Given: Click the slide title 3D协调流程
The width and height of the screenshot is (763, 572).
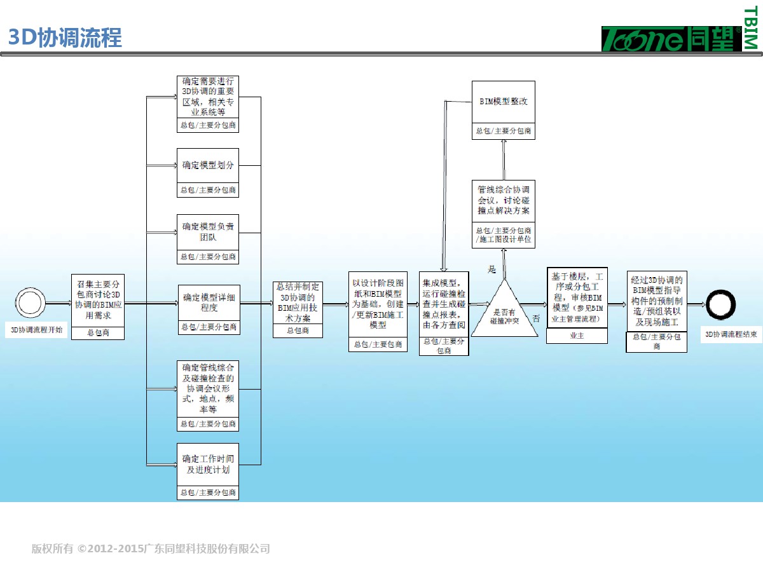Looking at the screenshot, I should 65,38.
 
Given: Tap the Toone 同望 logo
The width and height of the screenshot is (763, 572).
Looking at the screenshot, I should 671,39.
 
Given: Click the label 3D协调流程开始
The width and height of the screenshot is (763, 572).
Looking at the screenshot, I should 37,330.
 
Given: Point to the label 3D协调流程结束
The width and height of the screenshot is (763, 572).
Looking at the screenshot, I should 731,334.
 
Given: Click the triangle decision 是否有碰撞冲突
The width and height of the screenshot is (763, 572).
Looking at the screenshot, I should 504,311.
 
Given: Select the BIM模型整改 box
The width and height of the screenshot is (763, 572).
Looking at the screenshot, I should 503,102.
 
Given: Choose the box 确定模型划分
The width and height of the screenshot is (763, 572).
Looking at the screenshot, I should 208,165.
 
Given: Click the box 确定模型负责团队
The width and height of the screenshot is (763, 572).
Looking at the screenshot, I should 208,232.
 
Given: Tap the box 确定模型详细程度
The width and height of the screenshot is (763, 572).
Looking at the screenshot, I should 209,303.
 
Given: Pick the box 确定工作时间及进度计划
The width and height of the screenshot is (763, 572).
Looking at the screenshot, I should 208,465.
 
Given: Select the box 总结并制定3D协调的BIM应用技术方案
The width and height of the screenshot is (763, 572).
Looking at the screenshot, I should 298,303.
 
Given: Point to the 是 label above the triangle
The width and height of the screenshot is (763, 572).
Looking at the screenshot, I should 491,269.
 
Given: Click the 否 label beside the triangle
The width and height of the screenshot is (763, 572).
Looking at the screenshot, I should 536,318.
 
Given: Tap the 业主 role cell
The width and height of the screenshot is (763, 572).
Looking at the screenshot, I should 577,336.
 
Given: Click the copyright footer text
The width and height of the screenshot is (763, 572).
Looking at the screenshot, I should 151,548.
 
